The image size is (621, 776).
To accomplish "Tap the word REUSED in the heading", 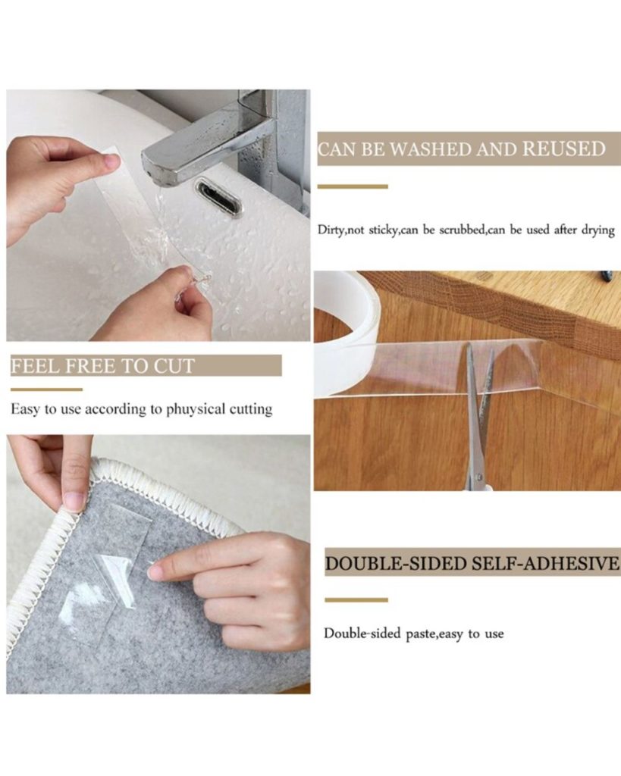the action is click(x=565, y=149).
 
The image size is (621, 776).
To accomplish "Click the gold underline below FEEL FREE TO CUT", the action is click(x=46, y=390).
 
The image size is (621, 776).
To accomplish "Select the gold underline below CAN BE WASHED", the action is click(x=353, y=186).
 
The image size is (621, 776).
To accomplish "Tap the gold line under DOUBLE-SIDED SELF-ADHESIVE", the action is click(x=356, y=600).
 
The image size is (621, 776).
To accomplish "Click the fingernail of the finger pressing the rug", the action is click(x=155, y=573).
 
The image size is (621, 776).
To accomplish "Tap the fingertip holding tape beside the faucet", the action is click(x=112, y=161).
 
